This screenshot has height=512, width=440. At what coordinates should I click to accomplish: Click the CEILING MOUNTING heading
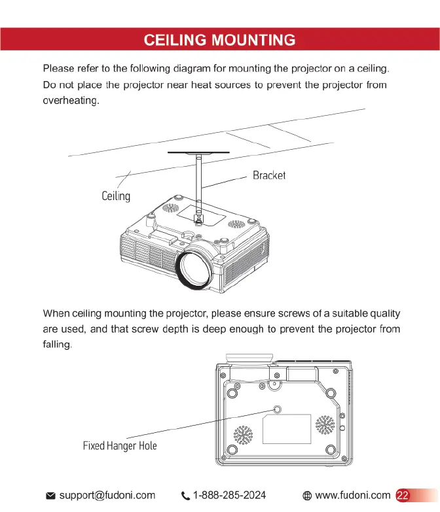coord(219,41)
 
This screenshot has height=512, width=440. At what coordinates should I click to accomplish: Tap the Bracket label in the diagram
coord(269,176)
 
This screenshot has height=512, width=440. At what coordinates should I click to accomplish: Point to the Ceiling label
coord(116,196)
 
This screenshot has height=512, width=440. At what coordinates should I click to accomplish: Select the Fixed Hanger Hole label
coord(120,446)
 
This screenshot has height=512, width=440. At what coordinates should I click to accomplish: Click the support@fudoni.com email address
coord(107,495)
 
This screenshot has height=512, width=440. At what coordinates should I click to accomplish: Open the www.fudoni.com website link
coord(353,495)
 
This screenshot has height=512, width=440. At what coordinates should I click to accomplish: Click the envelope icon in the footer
coord(50,496)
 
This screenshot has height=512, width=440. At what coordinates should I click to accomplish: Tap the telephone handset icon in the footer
coord(184,496)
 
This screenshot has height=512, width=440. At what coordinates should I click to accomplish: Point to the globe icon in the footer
coord(306,496)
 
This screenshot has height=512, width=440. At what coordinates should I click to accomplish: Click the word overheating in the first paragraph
coord(71,101)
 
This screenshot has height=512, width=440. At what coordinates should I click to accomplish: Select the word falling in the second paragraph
coord(56,344)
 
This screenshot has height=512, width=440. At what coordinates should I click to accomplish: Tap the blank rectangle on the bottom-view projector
coord(287,428)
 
